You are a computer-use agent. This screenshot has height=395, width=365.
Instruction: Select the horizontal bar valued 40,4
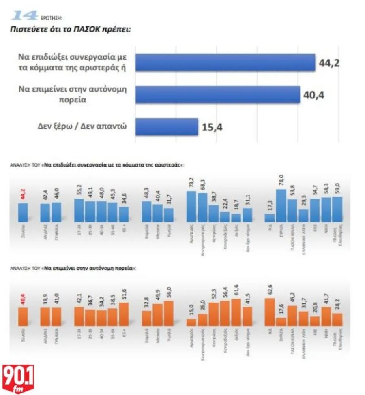point(217,95)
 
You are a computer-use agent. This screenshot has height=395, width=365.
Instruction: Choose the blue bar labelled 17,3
point(270,218)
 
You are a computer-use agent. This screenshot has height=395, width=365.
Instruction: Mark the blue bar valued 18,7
point(236,218)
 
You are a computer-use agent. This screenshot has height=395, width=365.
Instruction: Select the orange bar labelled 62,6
point(269,312)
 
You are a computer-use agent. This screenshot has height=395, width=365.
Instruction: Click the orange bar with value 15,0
point(191,322)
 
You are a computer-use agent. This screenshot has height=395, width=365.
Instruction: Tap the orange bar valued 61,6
point(236,312)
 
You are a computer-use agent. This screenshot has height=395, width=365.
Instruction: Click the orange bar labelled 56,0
point(169,313)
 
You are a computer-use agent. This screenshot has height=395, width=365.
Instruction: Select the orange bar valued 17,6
point(281,321)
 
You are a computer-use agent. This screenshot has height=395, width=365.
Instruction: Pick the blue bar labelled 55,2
point(79,211)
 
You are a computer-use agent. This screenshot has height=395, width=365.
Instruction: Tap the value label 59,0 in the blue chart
point(337,188)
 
